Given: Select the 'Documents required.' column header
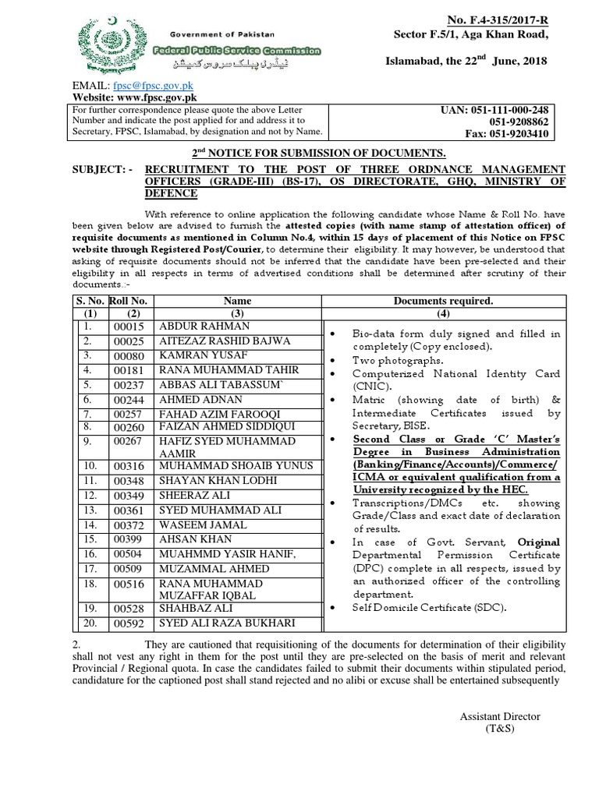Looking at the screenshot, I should (443, 300).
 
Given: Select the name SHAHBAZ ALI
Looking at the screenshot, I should (191, 608).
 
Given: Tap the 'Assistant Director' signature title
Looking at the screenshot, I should (499, 716).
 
